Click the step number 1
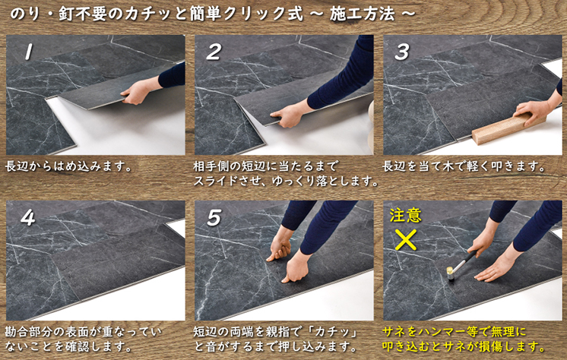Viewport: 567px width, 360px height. coord(29,52)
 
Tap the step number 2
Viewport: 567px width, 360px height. coord(214,52)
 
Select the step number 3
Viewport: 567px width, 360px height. coord(402,52)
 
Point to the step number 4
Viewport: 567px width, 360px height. coord(28,217)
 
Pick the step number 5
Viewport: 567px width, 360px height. coord(214,217)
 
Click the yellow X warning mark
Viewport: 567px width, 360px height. coord(405,240)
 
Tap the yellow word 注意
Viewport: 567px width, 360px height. coord(405,215)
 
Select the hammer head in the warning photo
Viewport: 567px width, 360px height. coord(450,273)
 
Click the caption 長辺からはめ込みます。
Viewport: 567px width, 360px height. coord(68,166)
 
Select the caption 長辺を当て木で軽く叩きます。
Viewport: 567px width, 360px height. coord(464,166)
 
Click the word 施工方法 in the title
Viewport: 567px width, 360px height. coord(363,14)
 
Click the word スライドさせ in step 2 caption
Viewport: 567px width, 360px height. coord(228,181)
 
